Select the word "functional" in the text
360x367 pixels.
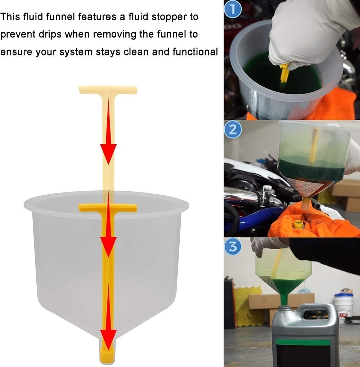click(195, 52)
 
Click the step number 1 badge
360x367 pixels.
click(233, 10)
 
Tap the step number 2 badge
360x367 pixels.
click(233, 130)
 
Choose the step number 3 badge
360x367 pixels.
click(233, 247)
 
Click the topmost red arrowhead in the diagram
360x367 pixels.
click(108, 153)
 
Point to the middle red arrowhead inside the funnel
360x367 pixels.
click(108, 245)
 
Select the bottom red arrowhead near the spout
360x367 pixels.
click(108, 338)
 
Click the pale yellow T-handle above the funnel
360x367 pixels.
click(108, 90)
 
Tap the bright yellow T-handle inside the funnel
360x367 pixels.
click(108, 208)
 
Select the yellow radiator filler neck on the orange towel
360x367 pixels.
click(298, 224)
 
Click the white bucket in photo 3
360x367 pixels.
click(343, 306)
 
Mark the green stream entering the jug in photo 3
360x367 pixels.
click(284, 299)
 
